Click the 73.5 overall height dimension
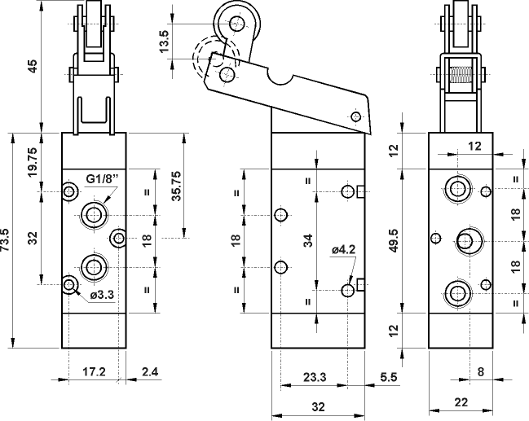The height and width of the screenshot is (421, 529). [x=7, y=240]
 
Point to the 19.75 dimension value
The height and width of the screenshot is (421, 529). [x=33, y=162]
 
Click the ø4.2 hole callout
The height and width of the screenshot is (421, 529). [x=343, y=251]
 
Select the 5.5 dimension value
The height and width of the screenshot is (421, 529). [x=388, y=376]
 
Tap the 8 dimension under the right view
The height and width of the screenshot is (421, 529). [x=479, y=373]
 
